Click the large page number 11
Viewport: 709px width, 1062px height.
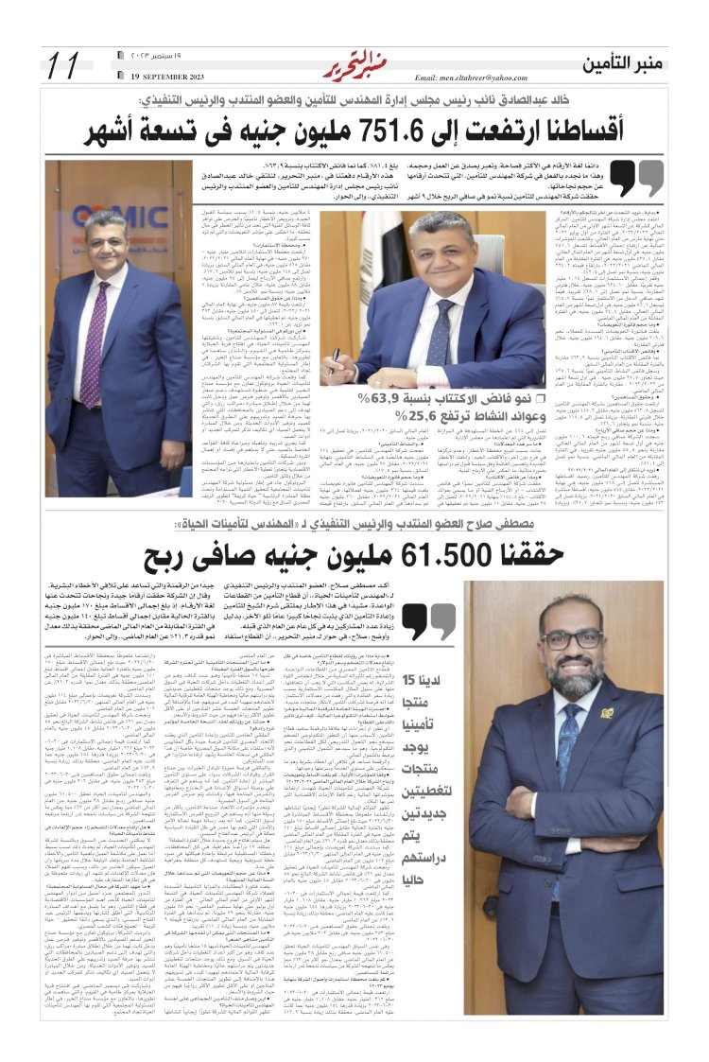tap(63, 65)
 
